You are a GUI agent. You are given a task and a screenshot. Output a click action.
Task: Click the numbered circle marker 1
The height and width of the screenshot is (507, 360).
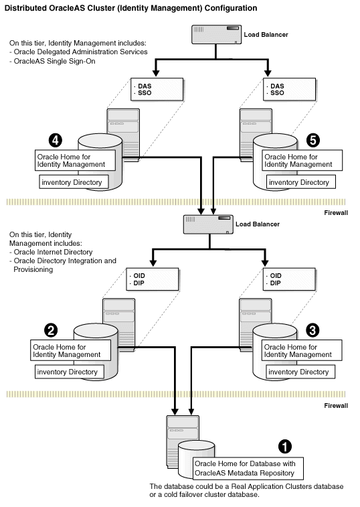[x=286, y=445]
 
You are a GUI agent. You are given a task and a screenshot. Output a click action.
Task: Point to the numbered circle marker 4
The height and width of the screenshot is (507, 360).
[x=56, y=140]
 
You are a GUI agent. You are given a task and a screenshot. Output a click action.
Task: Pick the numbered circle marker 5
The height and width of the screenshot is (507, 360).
[x=312, y=140]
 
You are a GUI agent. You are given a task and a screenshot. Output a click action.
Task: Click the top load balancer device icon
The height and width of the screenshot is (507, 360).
[x=215, y=35]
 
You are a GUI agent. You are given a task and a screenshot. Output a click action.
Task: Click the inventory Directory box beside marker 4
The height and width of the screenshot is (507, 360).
[x=71, y=182]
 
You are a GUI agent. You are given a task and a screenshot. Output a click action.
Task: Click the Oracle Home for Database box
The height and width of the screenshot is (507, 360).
[x=248, y=467]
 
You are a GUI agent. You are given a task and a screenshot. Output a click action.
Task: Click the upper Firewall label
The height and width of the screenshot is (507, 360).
[x=341, y=212]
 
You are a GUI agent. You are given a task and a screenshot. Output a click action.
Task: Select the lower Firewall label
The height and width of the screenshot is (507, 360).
[x=341, y=406]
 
